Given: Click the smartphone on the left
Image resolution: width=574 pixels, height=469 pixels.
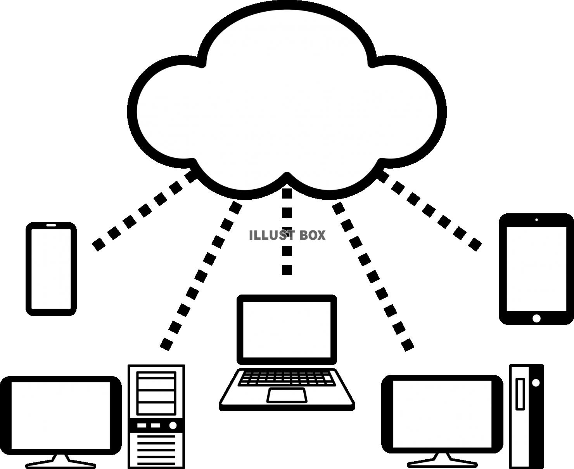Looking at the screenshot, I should [x=51, y=269].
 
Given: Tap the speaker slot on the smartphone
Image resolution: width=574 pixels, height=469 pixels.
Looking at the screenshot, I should [x=51, y=225].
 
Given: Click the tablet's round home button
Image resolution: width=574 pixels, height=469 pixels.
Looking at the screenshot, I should [x=536, y=318].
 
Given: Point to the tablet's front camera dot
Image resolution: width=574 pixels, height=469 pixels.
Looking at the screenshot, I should [x=536, y=220].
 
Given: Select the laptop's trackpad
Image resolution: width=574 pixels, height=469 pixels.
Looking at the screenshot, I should [x=287, y=395].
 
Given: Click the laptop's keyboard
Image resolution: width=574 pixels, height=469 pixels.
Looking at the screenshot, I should [x=287, y=378].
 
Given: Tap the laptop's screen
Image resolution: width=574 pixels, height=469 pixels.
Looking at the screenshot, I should [x=287, y=330].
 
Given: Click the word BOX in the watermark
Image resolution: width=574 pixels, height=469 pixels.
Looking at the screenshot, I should [x=312, y=235].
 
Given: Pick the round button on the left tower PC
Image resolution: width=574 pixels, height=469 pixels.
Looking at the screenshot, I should [x=173, y=425].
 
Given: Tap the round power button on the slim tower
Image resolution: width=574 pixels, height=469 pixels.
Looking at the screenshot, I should [x=536, y=383].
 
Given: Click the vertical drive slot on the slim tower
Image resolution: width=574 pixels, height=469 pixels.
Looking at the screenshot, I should [x=520, y=394].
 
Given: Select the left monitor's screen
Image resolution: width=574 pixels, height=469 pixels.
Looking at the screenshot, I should [x=61, y=415].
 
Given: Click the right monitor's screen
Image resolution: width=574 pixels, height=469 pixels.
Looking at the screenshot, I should [x=442, y=414].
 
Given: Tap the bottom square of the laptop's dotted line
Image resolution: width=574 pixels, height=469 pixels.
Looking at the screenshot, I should [x=287, y=270].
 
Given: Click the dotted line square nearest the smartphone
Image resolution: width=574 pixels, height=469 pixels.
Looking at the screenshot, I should [x=99, y=244].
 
